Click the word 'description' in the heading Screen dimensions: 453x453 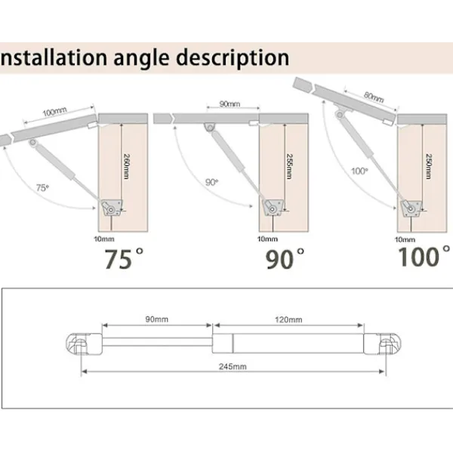click(x=233, y=58)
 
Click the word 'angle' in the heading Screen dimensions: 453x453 click(x=141, y=59)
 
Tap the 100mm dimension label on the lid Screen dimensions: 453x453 click(x=55, y=112)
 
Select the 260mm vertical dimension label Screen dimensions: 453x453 click(x=127, y=166)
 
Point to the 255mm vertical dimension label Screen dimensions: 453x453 click(x=289, y=166)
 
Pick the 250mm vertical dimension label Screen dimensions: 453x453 click(x=429, y=166)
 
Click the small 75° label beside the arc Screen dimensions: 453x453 click(x=42, y=188)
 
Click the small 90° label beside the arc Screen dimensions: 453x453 click(x=211, y=182)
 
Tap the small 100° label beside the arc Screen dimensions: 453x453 click(x=359, y=171)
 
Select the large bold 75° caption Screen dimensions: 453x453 click(x=124, y=258)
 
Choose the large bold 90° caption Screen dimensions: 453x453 click(x=285, y=258)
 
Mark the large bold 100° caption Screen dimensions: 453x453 click(x=424, y=256)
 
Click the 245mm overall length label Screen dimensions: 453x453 click(x=233, y=367)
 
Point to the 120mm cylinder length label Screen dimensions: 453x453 click(x=288, y=319)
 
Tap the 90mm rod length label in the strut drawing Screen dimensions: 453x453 click(x=156, y=319)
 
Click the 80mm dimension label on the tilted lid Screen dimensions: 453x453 click(x=374, y=97)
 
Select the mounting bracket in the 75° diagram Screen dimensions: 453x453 click(x=112, y=208)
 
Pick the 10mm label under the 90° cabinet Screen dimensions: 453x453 click(x=267, y=239)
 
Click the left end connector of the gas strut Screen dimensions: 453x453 click(x=84, y=344)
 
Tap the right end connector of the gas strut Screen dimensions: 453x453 click(x=382, y=344)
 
